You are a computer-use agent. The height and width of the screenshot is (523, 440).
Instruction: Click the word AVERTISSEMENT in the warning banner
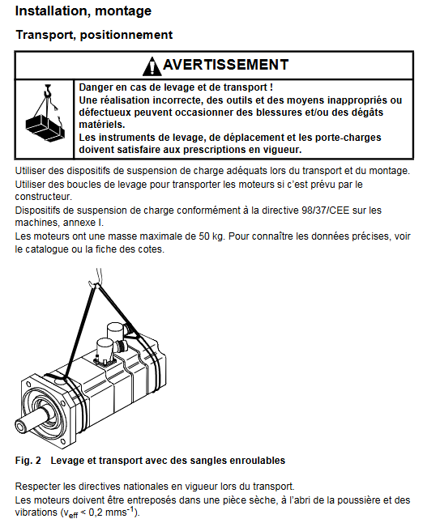[226, 65]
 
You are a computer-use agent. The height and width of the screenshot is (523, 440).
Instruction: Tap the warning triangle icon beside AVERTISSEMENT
[152, 66]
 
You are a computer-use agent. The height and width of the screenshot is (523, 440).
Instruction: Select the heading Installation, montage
[83, 11]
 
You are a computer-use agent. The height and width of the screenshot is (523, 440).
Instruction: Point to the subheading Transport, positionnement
[94, 35]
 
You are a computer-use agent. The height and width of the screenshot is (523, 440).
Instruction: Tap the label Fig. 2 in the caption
[28, 461]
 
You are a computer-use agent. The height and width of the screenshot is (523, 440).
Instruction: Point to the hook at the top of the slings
[92, 284]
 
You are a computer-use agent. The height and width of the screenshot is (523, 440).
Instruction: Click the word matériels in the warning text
[102, 125]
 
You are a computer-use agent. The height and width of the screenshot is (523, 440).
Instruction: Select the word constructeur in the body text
[44, 197]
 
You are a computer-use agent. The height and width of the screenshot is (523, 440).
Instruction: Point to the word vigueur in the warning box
[282, 150]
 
